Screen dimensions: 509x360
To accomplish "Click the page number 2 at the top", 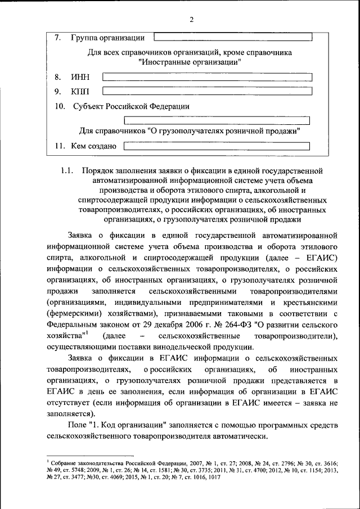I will tap(191, 20).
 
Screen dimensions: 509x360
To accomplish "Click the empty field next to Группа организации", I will tap(232, 38).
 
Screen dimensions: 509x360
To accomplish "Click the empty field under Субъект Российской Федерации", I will tap(217, 120).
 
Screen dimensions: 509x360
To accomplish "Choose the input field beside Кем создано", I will tap(217, 146).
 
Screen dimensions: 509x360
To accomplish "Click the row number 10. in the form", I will tap(61, 106).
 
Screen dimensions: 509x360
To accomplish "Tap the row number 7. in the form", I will tap(58, 38).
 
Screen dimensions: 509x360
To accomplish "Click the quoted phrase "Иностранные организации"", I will tap(190, 62).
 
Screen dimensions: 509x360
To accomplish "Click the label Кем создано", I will tap(93, 146).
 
